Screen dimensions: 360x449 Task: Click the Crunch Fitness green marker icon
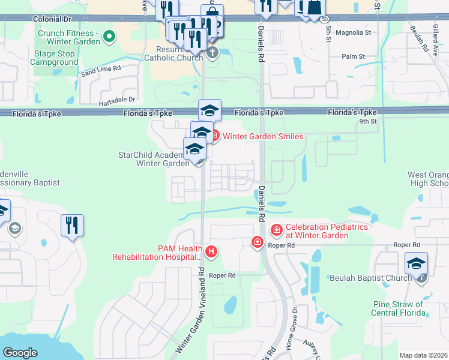109,37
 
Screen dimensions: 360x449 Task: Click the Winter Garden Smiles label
263,136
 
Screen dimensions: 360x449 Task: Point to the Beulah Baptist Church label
370,278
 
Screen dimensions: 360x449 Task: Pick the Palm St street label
354,56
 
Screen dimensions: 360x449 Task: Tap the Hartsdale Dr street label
118,99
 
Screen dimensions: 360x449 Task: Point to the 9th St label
367,121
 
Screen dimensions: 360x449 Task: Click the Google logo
20,352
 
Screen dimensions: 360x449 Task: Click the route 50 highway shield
324,19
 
